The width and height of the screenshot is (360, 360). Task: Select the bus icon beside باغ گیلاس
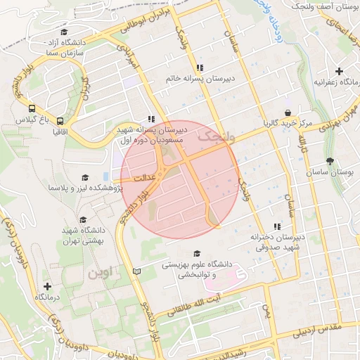[32, 108]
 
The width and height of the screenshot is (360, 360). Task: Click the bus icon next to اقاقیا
[60, 121]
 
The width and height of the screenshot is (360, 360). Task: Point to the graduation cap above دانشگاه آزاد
[64, 32]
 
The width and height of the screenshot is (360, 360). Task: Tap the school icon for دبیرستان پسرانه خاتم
[200, 68]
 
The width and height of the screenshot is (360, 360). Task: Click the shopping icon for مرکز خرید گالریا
[288, 112]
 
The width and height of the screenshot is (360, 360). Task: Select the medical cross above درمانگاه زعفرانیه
[340, 71]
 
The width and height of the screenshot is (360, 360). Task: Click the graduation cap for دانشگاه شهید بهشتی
[84, 220]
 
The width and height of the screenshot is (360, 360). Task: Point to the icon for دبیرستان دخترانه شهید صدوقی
[277, 226]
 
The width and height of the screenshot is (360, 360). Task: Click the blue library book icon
[136, 271]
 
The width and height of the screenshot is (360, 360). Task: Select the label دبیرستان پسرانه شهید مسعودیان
[150, 136]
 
